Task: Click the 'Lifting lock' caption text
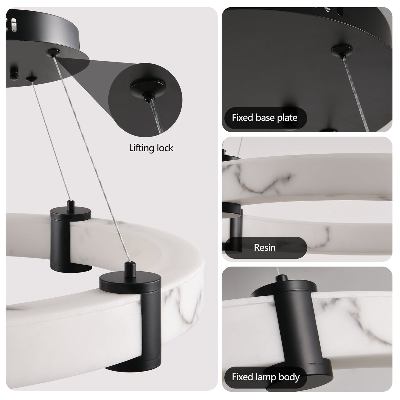151,148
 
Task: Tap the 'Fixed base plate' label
264,117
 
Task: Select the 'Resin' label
264,247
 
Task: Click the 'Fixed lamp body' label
266,377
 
